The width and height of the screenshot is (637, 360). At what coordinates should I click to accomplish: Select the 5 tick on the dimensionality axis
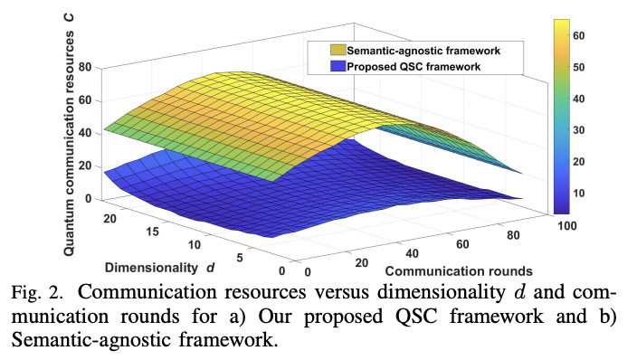(239, 257)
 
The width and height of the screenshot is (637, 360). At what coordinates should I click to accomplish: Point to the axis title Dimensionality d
(157, 268)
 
